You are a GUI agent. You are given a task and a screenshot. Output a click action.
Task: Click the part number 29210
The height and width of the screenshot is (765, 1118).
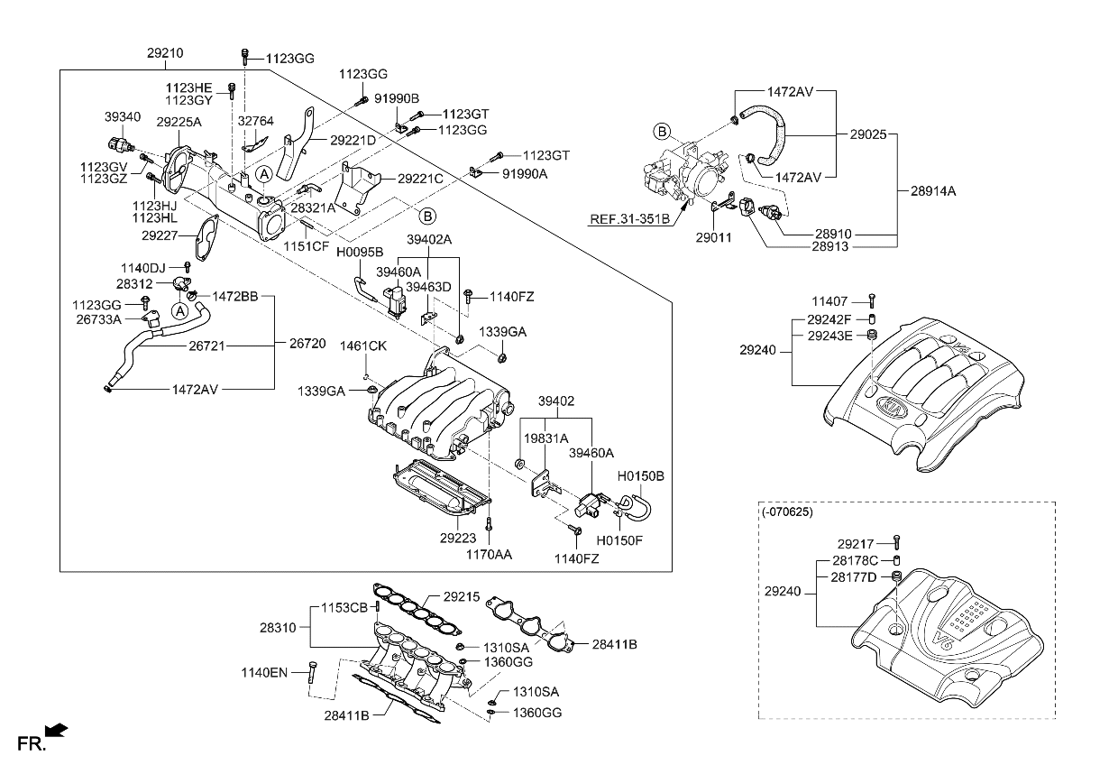coord(165,54)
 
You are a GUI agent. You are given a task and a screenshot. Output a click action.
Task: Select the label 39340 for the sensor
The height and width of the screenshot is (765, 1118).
coord(122,116)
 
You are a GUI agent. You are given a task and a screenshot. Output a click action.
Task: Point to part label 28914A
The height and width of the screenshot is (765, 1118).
coord(932,191)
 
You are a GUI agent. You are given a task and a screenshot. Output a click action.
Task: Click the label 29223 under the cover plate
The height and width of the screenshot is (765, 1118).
coord(458,538)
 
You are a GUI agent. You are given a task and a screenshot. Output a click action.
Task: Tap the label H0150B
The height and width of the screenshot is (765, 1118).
coord(640,475)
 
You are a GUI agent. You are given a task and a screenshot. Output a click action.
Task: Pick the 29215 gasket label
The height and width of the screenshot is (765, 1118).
coord(461,596)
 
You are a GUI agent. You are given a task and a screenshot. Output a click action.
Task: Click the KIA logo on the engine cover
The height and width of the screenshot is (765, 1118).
coord(893,406)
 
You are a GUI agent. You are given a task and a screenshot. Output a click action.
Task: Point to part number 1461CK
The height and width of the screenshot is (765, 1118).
coord(362,346)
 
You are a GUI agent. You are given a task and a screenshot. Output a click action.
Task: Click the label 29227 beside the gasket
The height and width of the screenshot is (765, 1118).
coord(160,235)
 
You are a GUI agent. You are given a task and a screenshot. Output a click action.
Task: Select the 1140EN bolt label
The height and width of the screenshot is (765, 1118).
coord(263,672)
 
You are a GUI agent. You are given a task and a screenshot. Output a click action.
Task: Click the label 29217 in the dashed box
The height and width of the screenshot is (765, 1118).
coord(856,544)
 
